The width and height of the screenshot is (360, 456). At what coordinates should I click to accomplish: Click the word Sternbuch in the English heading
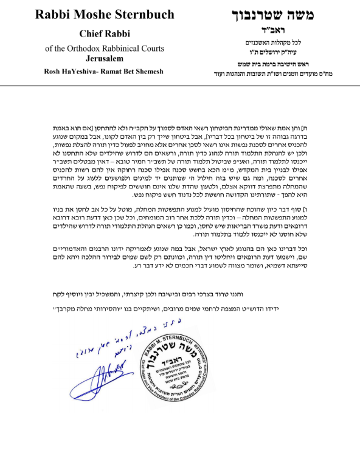140,13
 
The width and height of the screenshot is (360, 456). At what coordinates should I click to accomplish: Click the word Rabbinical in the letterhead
122,48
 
